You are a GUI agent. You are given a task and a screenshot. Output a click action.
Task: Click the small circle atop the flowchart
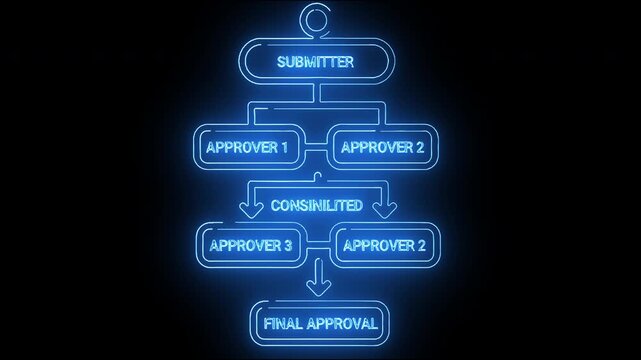319,19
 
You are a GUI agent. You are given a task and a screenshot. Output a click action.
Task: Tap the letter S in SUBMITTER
281,62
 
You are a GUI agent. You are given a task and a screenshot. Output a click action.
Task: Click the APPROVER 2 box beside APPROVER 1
382,148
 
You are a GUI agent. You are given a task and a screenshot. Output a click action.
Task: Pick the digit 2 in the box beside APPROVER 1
419,148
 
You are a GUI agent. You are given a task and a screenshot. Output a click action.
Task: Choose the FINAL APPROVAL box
320,323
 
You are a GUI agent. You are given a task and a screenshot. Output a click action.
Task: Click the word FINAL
284,323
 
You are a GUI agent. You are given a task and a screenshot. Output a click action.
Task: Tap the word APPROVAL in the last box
342,323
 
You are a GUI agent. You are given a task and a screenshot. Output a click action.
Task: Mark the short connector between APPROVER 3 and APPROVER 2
319,243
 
